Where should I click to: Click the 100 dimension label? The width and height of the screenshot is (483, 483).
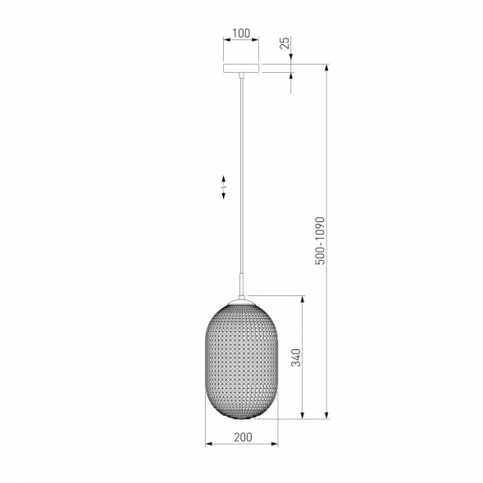(241, 34)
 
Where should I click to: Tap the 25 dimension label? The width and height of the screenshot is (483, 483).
(285, 43)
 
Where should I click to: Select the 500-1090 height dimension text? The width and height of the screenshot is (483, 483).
(321, 240)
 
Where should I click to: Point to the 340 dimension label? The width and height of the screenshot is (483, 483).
(296, 358)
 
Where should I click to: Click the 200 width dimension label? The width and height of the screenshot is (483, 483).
(243, 437)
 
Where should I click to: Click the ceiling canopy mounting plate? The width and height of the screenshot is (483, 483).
(241, 68)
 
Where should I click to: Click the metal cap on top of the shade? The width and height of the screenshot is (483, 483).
(242, 301)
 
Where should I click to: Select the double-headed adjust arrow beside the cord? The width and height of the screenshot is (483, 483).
(224, 187)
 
